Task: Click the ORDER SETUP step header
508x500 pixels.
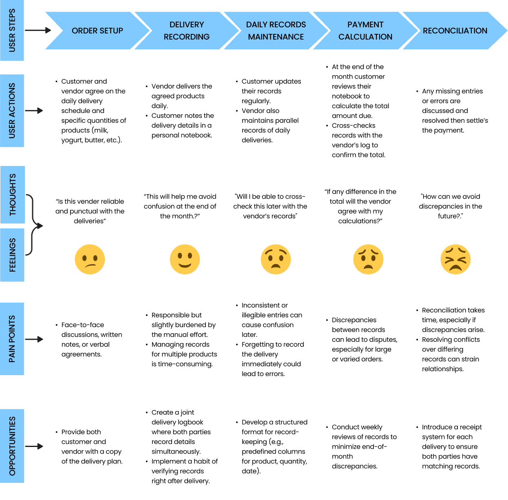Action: [97, 31]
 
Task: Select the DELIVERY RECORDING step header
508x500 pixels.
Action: [186, 31]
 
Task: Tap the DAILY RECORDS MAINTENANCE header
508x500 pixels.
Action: [276, 31]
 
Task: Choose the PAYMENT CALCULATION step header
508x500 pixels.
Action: [365, 31]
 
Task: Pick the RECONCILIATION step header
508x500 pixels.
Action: [455, 31]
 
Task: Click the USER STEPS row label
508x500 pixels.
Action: [12, 30]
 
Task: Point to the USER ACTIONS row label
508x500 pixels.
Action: [12, 111]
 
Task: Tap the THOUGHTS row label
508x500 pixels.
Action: [13, 195]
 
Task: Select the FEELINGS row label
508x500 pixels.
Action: [13, 255]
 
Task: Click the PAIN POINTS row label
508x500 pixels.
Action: [12, 339]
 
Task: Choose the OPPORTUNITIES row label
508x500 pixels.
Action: [12, 446]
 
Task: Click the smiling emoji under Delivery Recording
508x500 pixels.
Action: [185, 259]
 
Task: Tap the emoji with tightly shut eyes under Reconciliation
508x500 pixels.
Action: [455, 259]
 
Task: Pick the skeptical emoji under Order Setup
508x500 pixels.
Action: [90, 259]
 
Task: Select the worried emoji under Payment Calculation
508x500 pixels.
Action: [368, 259]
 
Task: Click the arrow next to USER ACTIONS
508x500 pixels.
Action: [34, 111]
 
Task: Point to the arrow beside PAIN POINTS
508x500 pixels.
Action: [34, 339]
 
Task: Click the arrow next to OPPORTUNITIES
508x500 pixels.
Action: [34, 446]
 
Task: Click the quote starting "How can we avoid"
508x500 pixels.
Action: [451, 206]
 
